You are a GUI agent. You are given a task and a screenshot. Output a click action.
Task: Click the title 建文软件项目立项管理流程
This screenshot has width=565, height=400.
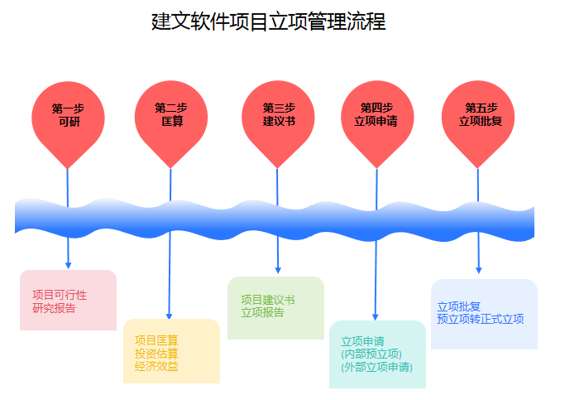[x=269, y=22]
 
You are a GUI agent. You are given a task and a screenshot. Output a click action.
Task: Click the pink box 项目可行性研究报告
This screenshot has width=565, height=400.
[x=68, y=300]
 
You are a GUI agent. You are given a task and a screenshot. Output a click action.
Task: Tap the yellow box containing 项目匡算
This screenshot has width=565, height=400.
[x=171, y=351]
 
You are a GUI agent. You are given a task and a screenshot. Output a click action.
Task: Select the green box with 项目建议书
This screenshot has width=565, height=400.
[x=275, y=308]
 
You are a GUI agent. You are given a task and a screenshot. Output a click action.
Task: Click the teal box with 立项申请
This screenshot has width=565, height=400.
[x=377, y=354]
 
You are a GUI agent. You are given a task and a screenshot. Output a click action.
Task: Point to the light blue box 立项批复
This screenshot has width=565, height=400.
[x=484, y=314]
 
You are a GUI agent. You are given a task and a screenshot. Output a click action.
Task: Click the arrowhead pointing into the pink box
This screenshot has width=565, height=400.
[x=68, y=266]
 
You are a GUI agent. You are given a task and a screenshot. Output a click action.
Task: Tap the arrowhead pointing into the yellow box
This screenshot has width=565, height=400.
[x=169, y=316]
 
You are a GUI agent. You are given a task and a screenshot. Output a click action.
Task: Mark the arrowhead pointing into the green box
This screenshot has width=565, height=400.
[x=278, y=271]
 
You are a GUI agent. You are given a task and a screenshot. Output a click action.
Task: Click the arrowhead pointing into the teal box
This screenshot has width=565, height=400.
[x=375, y=317]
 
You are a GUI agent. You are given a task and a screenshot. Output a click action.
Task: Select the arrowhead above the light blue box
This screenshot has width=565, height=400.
[x=478, y=271]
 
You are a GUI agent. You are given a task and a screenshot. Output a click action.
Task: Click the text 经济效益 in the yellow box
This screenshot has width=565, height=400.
[x=156, y=366]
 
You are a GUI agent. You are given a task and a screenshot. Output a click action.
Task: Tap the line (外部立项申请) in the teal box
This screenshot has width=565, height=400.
[x=377, y=367]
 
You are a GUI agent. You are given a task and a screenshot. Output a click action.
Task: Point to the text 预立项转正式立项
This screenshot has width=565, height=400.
[x=481, y=319]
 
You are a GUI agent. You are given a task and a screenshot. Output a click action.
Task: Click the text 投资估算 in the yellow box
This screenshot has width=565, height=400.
[x=156, y=354]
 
